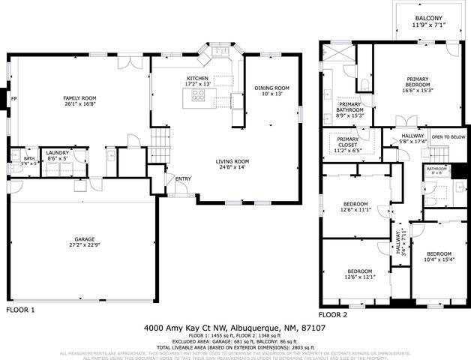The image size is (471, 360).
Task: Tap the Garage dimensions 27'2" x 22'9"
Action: coord(84,245)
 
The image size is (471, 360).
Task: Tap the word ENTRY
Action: coord(183,178)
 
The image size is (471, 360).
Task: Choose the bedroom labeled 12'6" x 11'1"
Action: coord(356,205)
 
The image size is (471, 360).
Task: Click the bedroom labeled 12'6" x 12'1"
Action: coord(360,271)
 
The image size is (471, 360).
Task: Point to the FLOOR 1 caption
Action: coord(21,309)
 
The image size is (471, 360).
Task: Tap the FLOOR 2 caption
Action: coord(334,315)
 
